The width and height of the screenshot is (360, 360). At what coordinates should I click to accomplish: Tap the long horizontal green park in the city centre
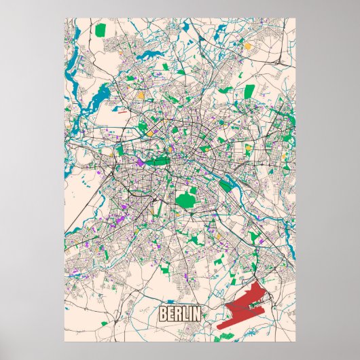coord(157,161)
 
